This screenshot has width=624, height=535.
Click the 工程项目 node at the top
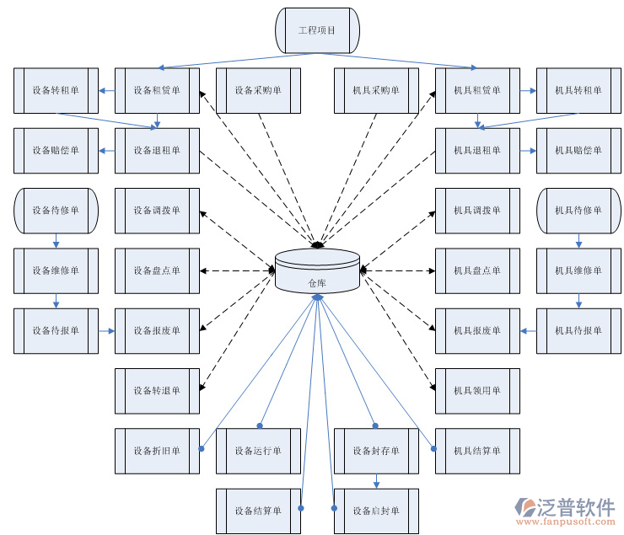pyautogui.click(x=317, y=30)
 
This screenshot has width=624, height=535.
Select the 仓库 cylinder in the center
pyautogui.click(x=317, y=271)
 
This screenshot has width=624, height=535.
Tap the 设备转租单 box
pyautogui.click(x=56, y=91)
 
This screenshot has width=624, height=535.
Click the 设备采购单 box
pyautogui.click(x=258, y=91)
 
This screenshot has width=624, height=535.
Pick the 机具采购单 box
pyautogui.click(x=376, y=91)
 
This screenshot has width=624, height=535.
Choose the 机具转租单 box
pyautogui.click(x=578, y=91)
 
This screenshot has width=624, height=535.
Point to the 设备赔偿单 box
pyautogui.click(x=56, y=151)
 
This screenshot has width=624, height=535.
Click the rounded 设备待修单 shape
pyautogui.click(x=56, y=211)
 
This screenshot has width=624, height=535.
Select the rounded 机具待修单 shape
pyautogui.click(x=578, y=211)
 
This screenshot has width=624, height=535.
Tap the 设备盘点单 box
pyautogui.click(x=157, y=270)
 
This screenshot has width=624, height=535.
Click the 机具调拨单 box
pyautogui.click(x=477, y=211)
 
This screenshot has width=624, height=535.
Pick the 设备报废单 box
pyautogui.click(x=157, y=331)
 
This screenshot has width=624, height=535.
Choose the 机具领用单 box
pyautogui.click(x=477, y=391)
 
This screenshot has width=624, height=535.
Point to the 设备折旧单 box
pyautogui.click(x=157, y=451)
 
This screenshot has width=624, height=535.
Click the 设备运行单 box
pyautogui.click(x=258, y=451)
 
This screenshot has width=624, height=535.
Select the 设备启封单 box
pyautogui.click(x=376, y=511)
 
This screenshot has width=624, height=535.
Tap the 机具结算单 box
pyautogui.click(x=477, y=451)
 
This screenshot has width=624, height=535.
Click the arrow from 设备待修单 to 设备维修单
pyautogui.click(x=56, y=240)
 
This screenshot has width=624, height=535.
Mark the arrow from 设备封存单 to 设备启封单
pyautogui.click(x=376, y=480)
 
